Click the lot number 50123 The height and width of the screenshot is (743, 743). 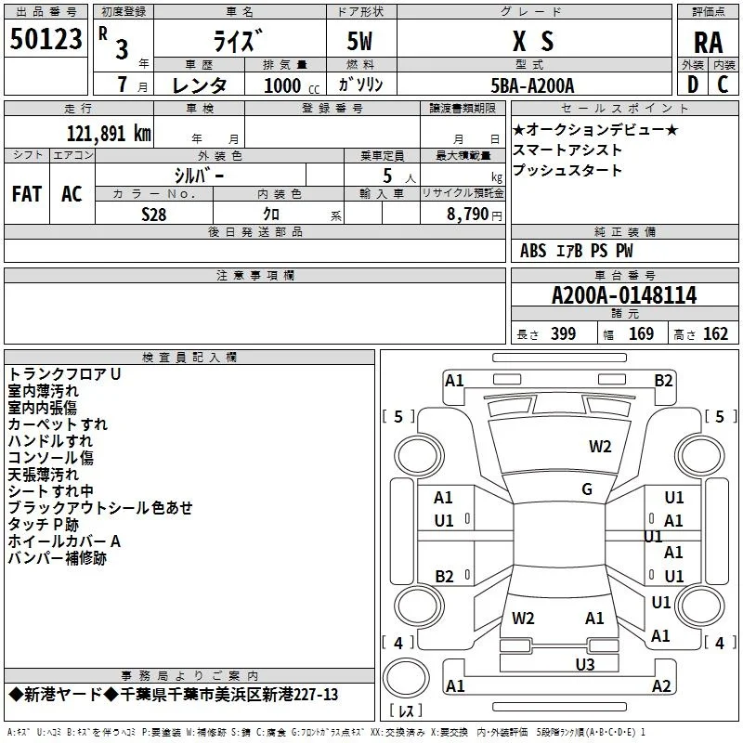(46, 39)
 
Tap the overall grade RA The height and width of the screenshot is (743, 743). (708, 43)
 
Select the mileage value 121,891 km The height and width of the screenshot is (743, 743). (109, 134)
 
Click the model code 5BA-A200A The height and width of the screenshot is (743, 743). (532, 85)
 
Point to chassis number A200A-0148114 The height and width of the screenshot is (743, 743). (624, 295)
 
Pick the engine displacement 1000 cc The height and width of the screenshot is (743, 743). (292, 85)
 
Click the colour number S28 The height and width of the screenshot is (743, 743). (153, 215)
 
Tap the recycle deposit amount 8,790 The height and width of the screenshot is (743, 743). (467, 214)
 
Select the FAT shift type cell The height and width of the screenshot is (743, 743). (27, 194)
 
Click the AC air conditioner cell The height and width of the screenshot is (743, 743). (72, 194)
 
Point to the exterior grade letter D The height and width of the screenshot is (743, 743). (692, 85)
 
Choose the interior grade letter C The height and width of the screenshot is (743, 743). (723, 85)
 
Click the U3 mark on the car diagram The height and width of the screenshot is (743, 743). (585, 665)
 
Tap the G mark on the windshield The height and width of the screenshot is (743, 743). (587, 489)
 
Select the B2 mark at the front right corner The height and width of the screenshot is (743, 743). (663, 381)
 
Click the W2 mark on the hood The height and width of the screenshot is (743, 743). (600, 447)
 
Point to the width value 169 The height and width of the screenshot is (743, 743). (641, 333)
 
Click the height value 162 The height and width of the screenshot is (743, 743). (715, 333)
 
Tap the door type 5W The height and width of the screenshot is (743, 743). (359, 41)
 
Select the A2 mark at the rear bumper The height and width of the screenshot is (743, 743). (661, 685)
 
